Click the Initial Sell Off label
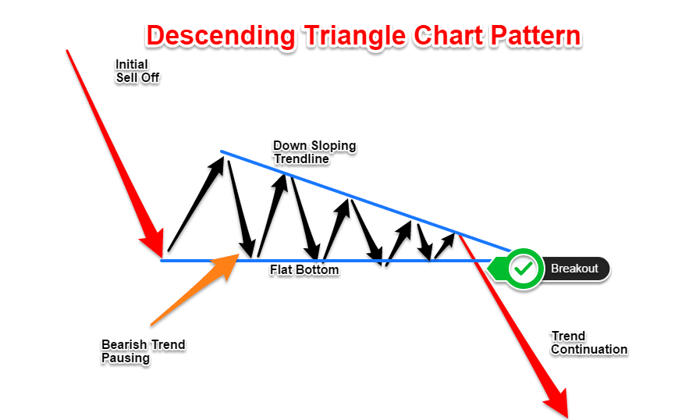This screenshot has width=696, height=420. coord(137,71)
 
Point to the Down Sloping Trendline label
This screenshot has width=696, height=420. coord(314,152)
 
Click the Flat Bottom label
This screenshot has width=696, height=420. coord(304,270)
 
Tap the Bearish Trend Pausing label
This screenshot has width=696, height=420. coord(144,351)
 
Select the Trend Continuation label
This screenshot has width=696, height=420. coord(589,343)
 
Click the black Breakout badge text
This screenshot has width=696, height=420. coord(574,269)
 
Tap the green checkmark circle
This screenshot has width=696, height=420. coord(524,269)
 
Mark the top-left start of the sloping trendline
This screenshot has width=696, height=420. coord(222,151)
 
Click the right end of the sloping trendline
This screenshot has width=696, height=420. coord(510,251)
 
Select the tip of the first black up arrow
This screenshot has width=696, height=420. coord(222,156)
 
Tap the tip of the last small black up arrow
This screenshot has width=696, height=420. coord(455,234)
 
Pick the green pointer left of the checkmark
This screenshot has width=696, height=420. coord(496,269)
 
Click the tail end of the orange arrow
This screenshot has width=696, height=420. coord(152,325)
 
